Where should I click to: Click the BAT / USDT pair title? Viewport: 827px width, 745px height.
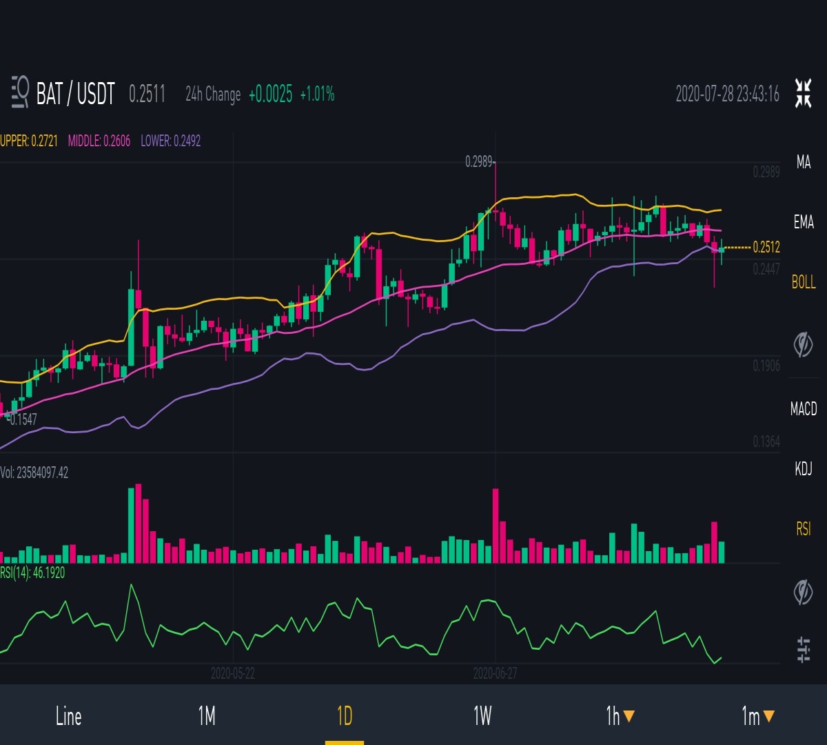click(75, 94)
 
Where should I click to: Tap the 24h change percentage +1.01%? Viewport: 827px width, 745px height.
click(317, 94)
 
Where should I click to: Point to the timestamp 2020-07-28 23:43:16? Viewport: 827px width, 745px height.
click(727, 94)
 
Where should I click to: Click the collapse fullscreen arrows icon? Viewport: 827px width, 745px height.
click(803, 93)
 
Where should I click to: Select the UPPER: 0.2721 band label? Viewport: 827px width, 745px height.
click(29, 141)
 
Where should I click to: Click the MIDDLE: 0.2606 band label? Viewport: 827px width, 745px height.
click(99, 141)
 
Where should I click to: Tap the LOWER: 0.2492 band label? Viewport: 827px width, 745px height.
click(171, 141)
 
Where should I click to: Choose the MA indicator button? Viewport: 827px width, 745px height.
click(804, 162)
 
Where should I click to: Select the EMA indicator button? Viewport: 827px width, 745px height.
click(804, 222)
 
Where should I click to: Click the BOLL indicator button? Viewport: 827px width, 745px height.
click(804, 282)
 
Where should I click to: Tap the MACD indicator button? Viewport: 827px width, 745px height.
click(804, 409)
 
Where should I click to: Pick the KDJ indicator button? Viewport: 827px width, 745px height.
click(804, 469)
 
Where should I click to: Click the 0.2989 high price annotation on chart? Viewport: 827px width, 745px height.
click(479, 162)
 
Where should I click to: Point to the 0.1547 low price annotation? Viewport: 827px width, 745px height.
click(23, 420)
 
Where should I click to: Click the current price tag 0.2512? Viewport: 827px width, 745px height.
click(766, 247)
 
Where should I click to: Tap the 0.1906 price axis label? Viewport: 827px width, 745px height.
click(766, 366)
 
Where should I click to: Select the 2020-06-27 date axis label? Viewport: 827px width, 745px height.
click(495, 673)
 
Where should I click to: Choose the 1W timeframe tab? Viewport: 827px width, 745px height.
click(482, 716)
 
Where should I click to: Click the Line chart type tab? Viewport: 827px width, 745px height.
click(68, 716)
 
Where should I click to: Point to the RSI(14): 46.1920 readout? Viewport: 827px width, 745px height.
click(32, 573)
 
